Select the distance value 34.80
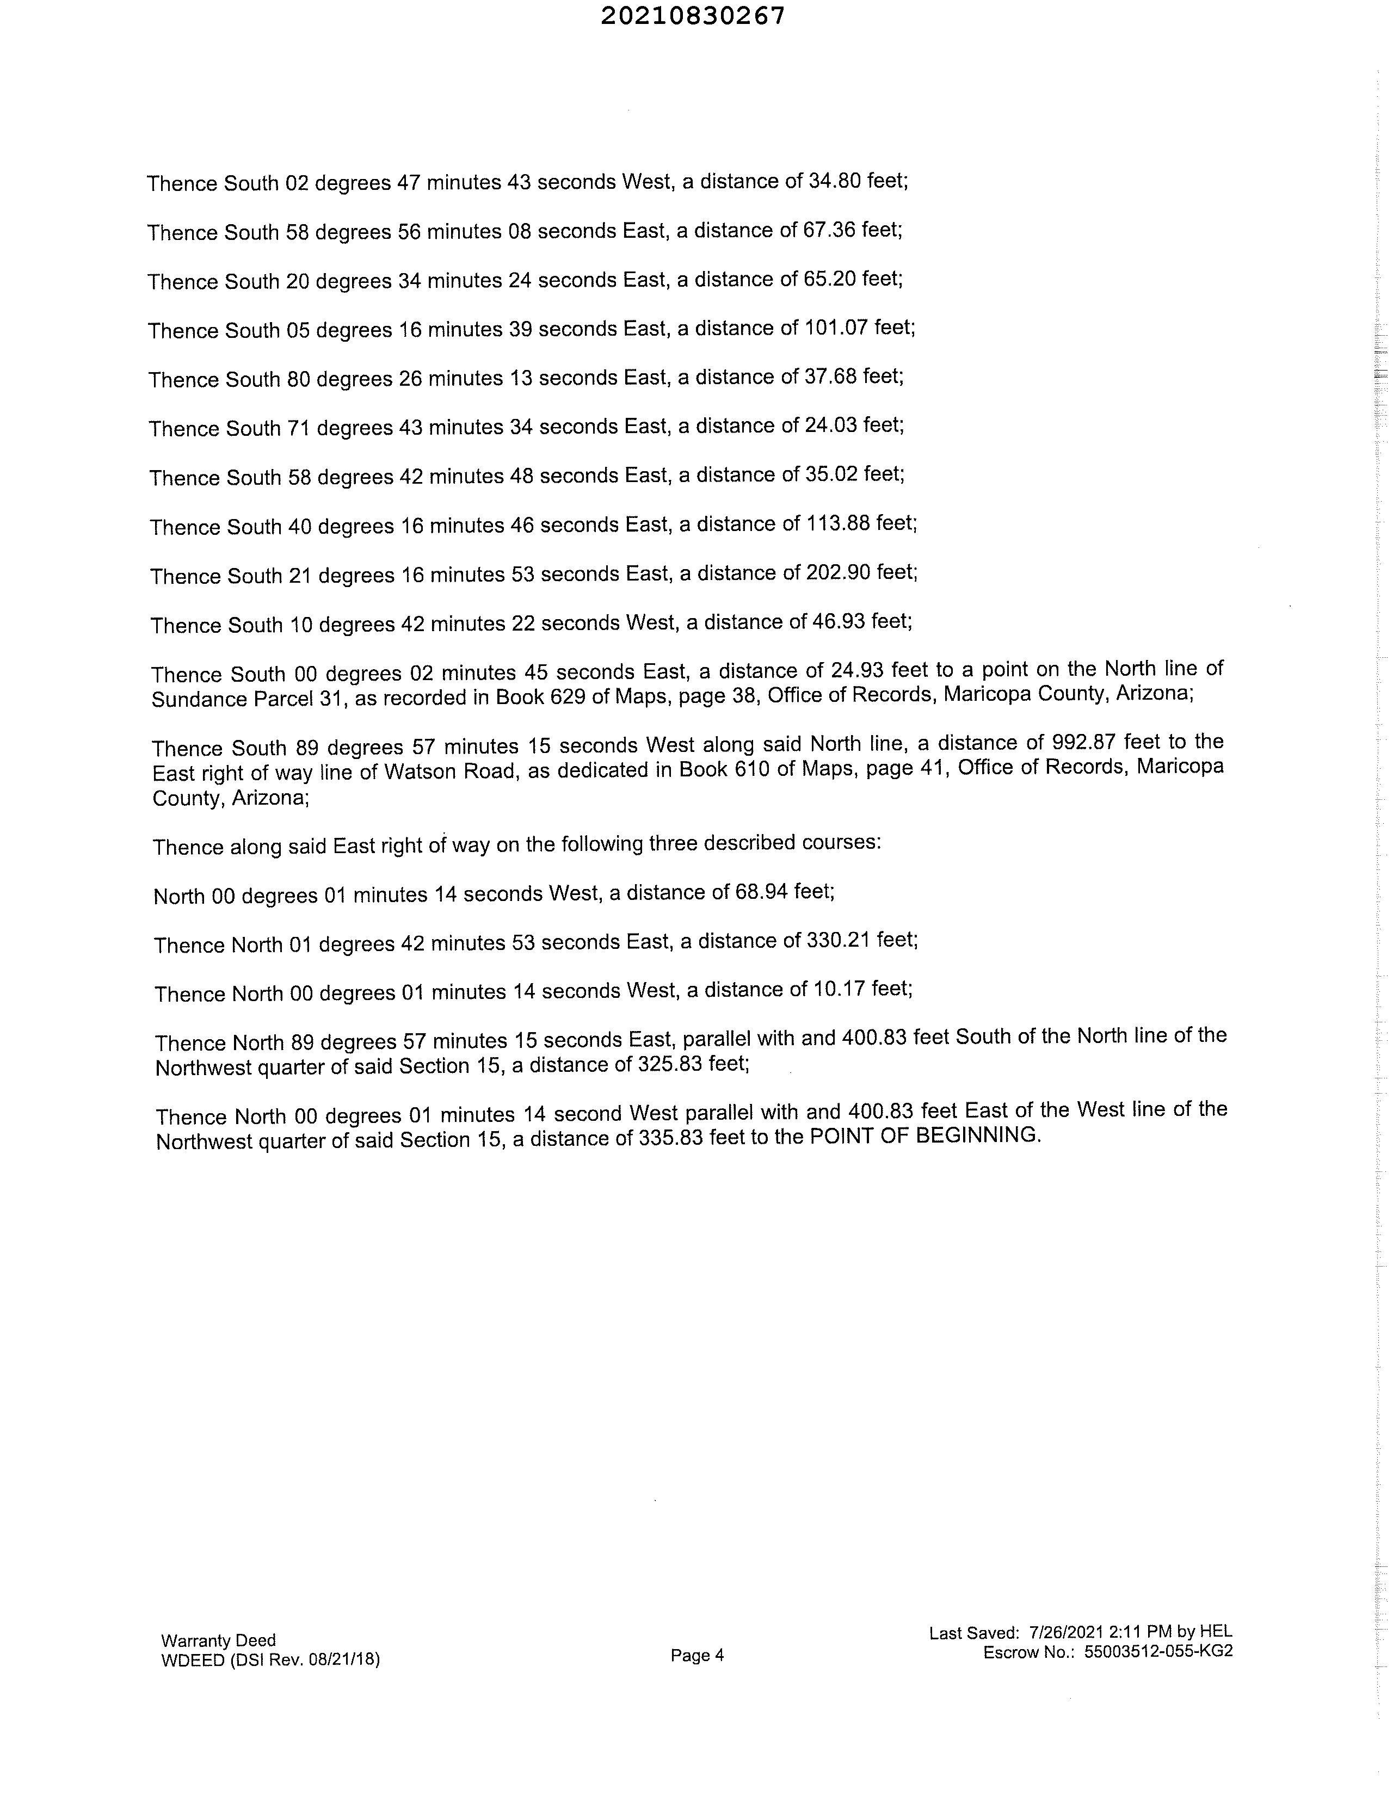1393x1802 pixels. [x=834, y=181]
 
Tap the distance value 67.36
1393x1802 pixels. [x=829, y=230]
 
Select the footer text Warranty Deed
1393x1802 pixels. [x=219, y=1640]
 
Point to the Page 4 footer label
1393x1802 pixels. [x=698, y=1655]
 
